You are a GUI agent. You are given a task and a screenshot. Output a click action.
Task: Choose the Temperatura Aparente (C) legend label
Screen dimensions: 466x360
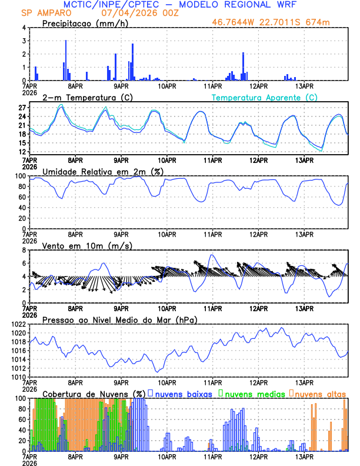[x=265, y=97]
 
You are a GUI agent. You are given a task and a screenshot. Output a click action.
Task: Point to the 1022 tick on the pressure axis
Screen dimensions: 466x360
[x=19, y=324]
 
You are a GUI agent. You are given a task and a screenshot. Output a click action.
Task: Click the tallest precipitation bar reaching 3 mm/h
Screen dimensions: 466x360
[x=65, y=60]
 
